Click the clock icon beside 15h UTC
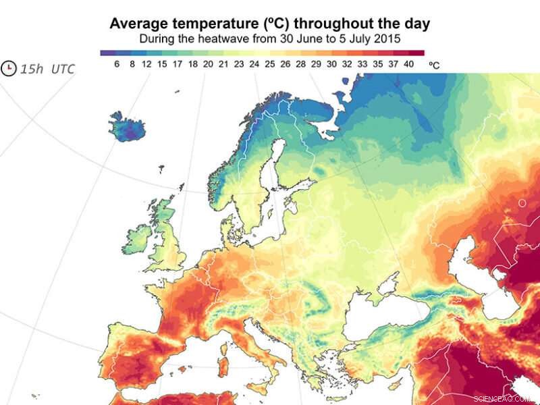(x=9, y=69)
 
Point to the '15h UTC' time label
(x=47, y=69)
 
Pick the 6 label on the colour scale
(x=117, y=63)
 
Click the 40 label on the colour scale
(x=408, y=63)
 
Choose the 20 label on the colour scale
(x=207, y=63)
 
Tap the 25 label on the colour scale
(x=270, y=63)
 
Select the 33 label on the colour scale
(x=362, y=63)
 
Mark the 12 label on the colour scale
(x=147, y=63)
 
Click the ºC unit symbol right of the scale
(x=434, y=64)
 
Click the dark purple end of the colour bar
(x=105, y=52)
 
